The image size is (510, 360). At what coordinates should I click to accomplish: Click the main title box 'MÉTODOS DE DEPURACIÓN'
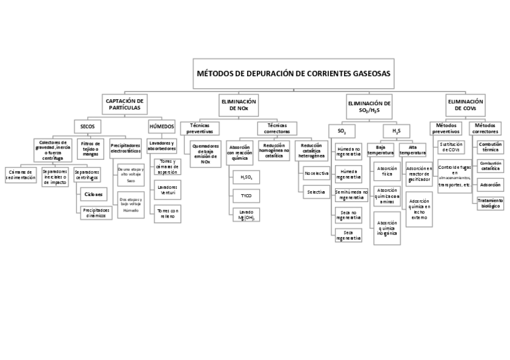[x=293, y=73]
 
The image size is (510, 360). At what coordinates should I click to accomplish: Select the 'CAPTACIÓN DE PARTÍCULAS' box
[x=124, y=104]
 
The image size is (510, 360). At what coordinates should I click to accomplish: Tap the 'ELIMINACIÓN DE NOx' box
[x=239, y=105]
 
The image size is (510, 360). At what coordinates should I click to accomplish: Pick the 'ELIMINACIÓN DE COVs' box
[x=465, y=105]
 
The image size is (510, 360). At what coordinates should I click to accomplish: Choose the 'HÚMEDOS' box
[x=162, y=127]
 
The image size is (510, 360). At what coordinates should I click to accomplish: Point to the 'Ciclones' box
[x=94, y=194]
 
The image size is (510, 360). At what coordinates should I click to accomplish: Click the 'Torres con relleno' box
[x=167, y=214]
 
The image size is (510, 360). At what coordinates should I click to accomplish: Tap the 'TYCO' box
[x=246, y=196]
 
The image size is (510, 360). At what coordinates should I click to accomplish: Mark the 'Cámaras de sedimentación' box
[x=20, y=175]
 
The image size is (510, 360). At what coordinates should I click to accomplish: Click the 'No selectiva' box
[x=317, y=173]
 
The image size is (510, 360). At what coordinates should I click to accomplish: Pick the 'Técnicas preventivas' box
[x=199, y=127]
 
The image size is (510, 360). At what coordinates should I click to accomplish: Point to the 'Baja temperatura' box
[x=380, y=150]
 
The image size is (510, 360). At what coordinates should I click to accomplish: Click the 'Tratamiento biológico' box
[x=490, y=203]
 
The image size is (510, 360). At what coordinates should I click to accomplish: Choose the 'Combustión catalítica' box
[x=490, y=165]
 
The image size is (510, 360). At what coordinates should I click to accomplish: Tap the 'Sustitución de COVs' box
[x=450, y=147]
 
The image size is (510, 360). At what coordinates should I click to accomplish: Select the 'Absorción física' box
[x=387, y=172]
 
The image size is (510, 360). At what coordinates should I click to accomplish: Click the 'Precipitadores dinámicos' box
[x=96, y=213]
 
